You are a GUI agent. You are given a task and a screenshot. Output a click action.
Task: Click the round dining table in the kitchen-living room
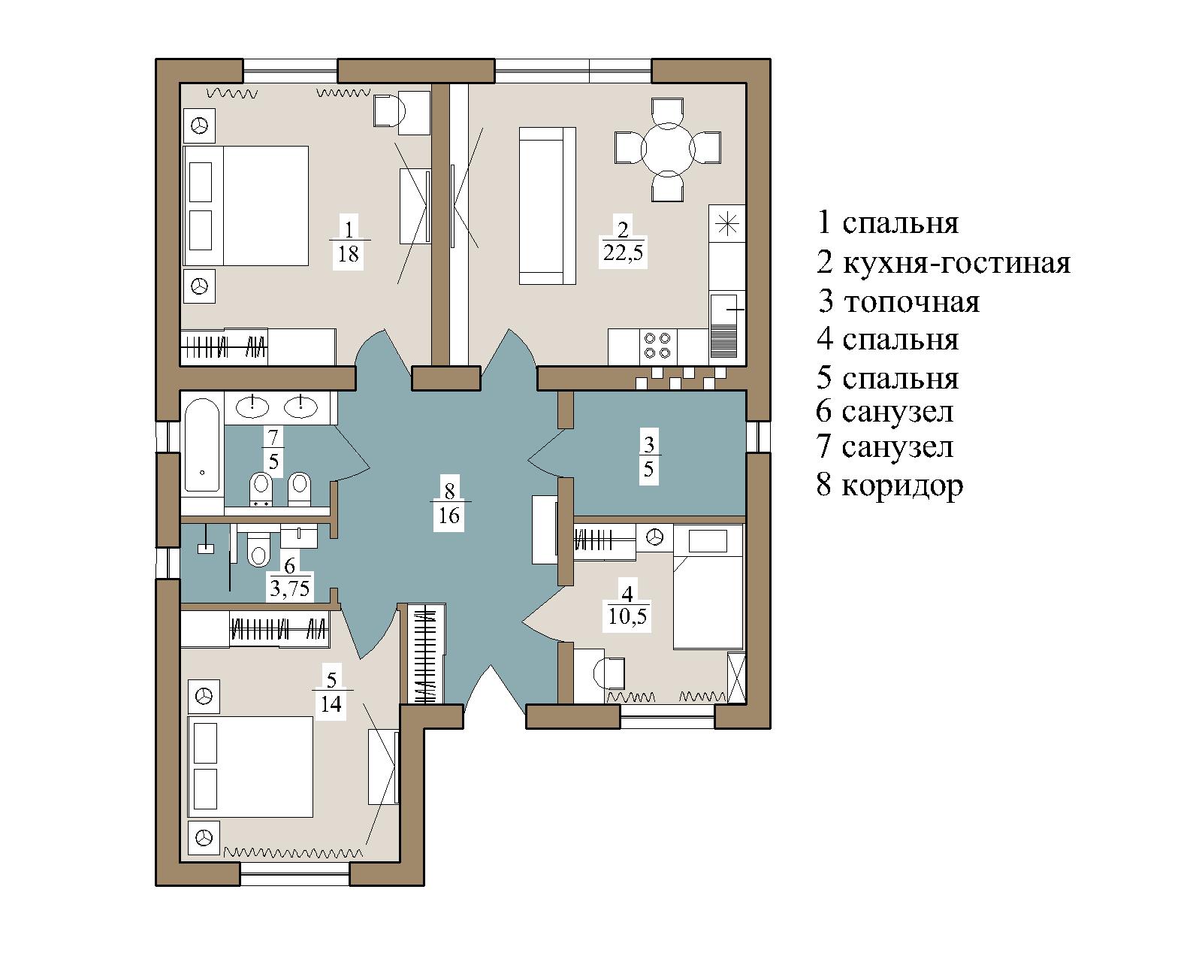pyautogui.click(x=667, y=150)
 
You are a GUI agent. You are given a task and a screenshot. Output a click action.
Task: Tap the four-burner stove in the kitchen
pyautogui.click(x=657, y=346)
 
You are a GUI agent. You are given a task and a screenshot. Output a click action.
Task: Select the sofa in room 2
pyautogui.click(x=548, y=206)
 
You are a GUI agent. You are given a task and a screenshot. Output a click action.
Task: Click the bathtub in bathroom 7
pyautogui.click(x=202, y=445)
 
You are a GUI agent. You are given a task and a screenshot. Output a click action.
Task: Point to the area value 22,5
pyautogui.click(x=624, y=253)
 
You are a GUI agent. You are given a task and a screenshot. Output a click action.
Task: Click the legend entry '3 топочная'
pyautogui.click(x=899, y=301)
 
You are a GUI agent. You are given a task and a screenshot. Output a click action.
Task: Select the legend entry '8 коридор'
pyautogui.click(x=889, y=485)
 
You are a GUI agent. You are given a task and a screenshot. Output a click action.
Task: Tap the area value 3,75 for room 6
pyautogui.click(x=290, y=588)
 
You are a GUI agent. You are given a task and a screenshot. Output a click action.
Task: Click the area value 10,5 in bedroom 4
pyautogui.click(x=627, y=616)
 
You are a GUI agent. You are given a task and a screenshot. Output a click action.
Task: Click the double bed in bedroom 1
pyautogui.click(x=246, y=206)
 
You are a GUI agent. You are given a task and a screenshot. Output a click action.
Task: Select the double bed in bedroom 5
pyautogui.click(x=250, y=767)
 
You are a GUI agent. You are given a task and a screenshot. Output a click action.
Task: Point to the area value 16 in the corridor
pyautogui.click(x=449, y=516)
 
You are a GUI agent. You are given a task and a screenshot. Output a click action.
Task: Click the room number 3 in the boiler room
pyautogui.click(x=648, y=444)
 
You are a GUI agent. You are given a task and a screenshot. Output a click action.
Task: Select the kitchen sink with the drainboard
pyautogui.click(x=724, y=325)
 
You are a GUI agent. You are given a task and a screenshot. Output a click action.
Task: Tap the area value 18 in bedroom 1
pyautogui.click(x=348, y=254)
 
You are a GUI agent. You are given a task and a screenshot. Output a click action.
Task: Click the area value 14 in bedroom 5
pyautogui.click(x=331, y=703)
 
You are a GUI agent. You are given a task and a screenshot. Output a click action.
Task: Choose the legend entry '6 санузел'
pyautogui.click(x=885, y=412)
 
